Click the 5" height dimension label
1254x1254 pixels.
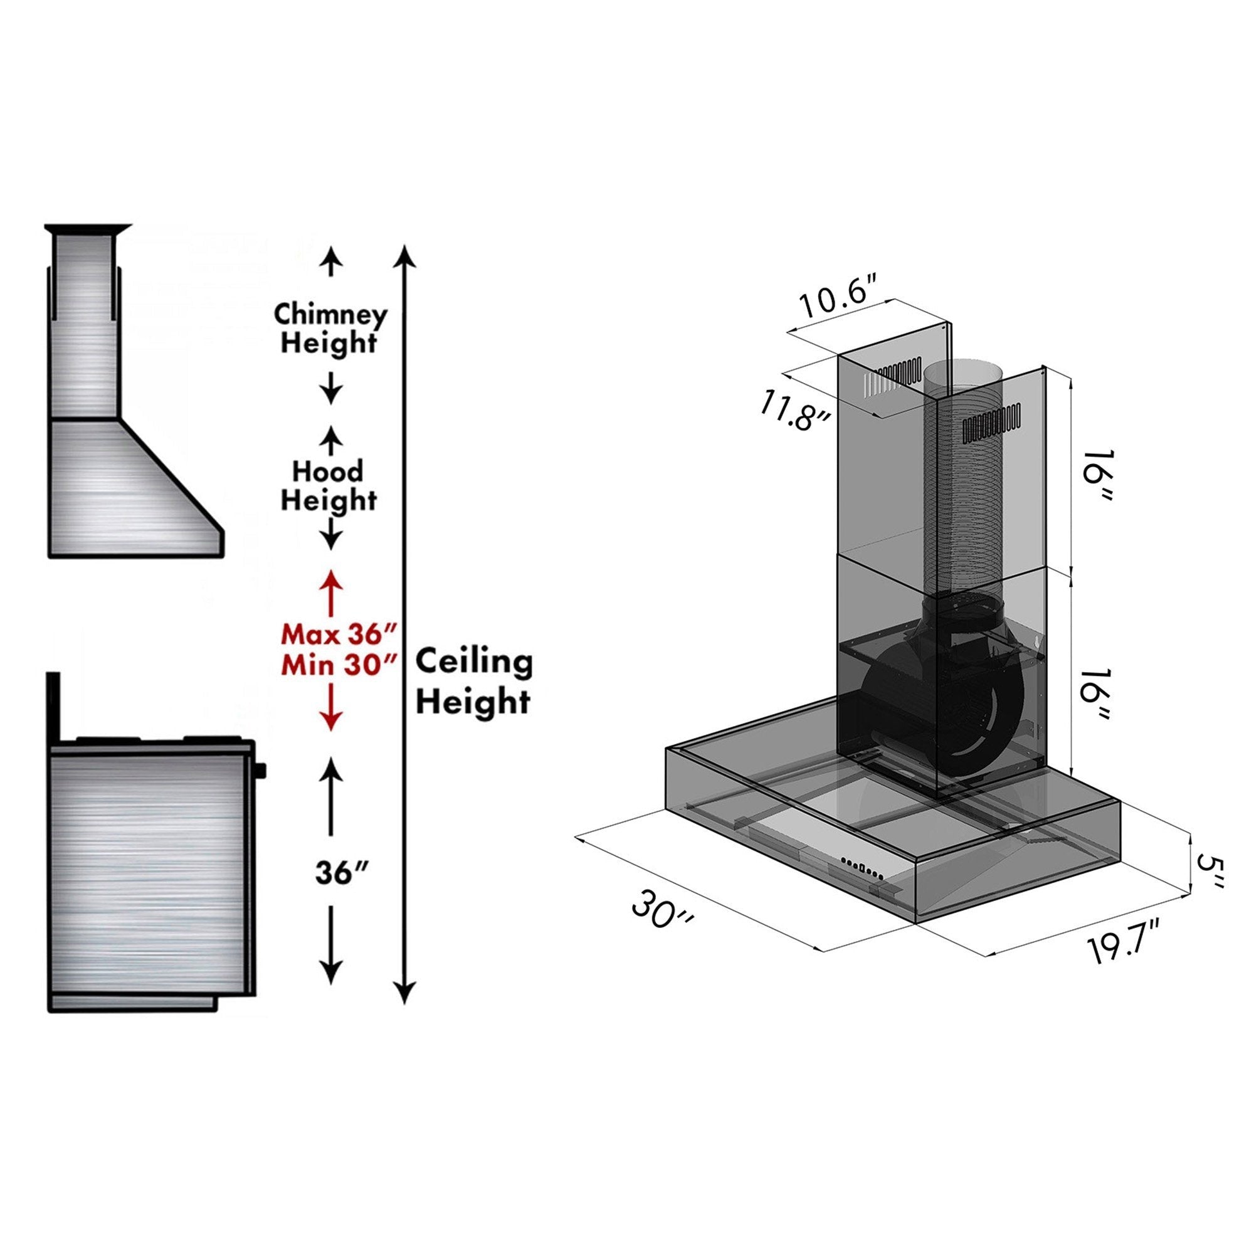(1210, 873)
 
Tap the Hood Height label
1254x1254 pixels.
(329, 486)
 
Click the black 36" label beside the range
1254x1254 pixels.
(337, 873)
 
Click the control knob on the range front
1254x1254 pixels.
(261, 770)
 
